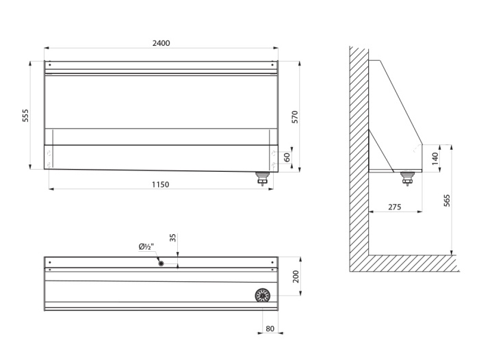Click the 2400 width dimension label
[161, 43]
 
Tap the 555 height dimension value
[25, 116]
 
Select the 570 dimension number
[295, 117]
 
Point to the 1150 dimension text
[160, 185]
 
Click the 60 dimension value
[287, 157]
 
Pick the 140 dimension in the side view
[435, 159]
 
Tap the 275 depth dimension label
[394, 207]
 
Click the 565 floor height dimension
[447, 201]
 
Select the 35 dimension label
[173, 237]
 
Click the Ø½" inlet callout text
[146, 246]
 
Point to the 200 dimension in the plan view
[296, 277]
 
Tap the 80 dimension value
[270, 329]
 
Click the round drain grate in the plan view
[262, 296]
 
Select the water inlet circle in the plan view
[161, 263]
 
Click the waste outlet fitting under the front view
[262, 179]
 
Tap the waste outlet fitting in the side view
[407, 179]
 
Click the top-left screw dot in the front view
[50, 65]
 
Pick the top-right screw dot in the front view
[272, 65]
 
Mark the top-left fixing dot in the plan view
[50, 262]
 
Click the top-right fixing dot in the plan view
[272, 262]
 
